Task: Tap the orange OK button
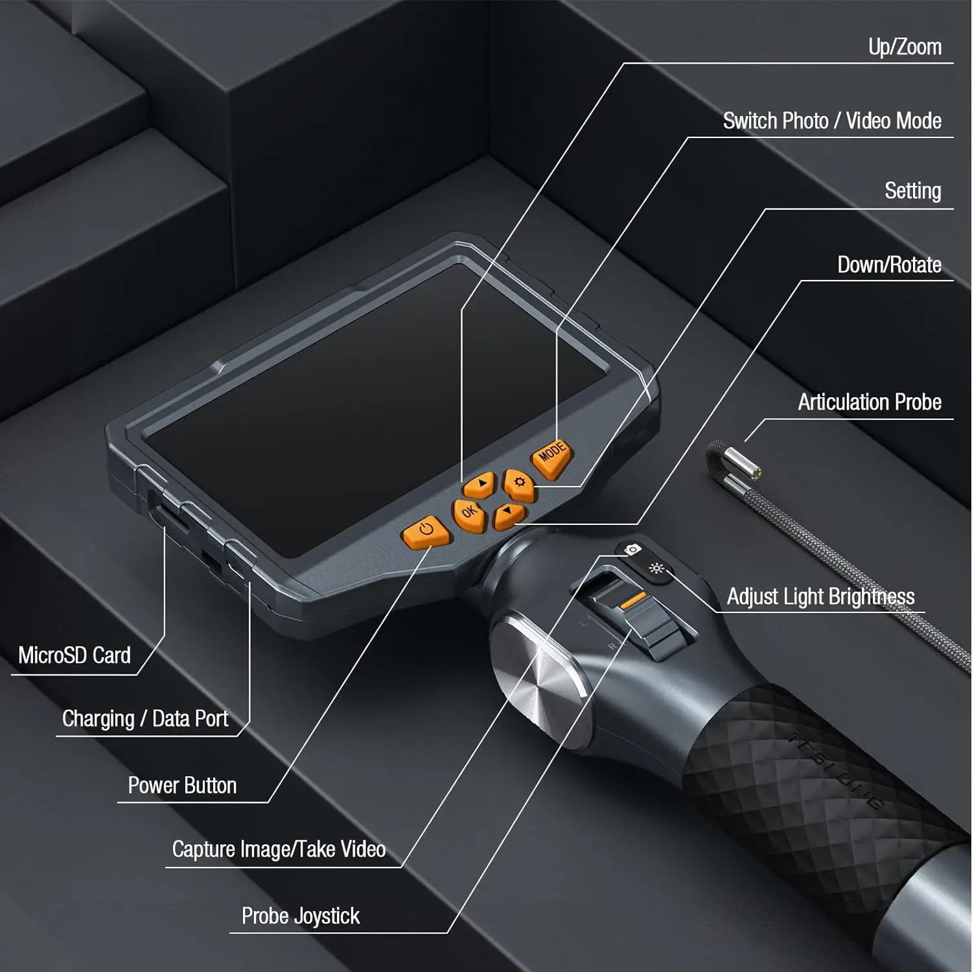(x=469, y=514)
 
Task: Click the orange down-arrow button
(x=509, y=515)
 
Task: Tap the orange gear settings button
(x=519, y=484)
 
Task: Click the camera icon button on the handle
(x=632, y=550)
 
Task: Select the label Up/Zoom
(x=904, y=47)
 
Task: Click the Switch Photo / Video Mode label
(x=831, y=121)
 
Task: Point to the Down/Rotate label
(x=888, y=265)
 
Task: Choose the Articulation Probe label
(x=869, y=402)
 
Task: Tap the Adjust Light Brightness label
(x=820, y=597)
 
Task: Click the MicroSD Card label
(x=75, y=655)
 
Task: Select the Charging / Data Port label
(x=145, y=719)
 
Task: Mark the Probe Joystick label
(x=300, y=916)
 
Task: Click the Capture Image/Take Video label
(x=279, y=850)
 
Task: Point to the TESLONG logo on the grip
(x=836, y=771)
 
